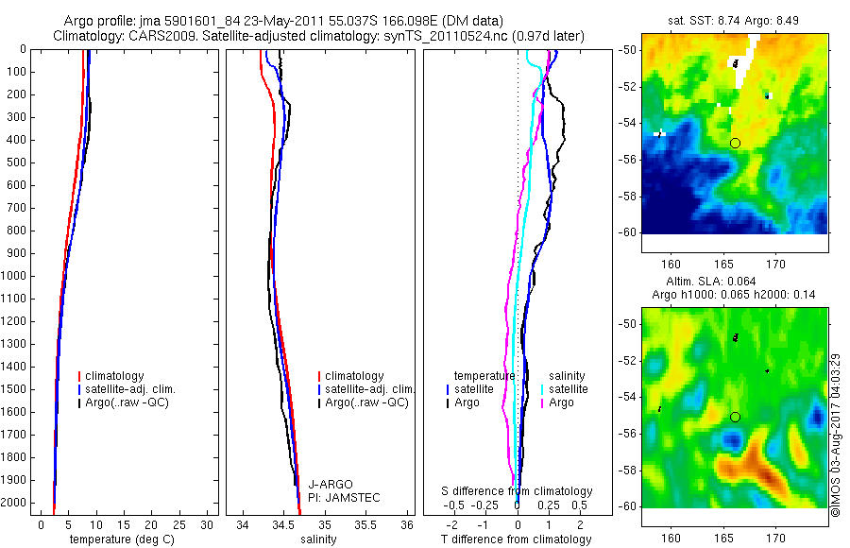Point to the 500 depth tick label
click(16, 163)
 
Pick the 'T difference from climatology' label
click(516, 539)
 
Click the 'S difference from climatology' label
click(517, 492)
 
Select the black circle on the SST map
click(735, 143)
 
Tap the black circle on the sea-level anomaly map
click(735, 417)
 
